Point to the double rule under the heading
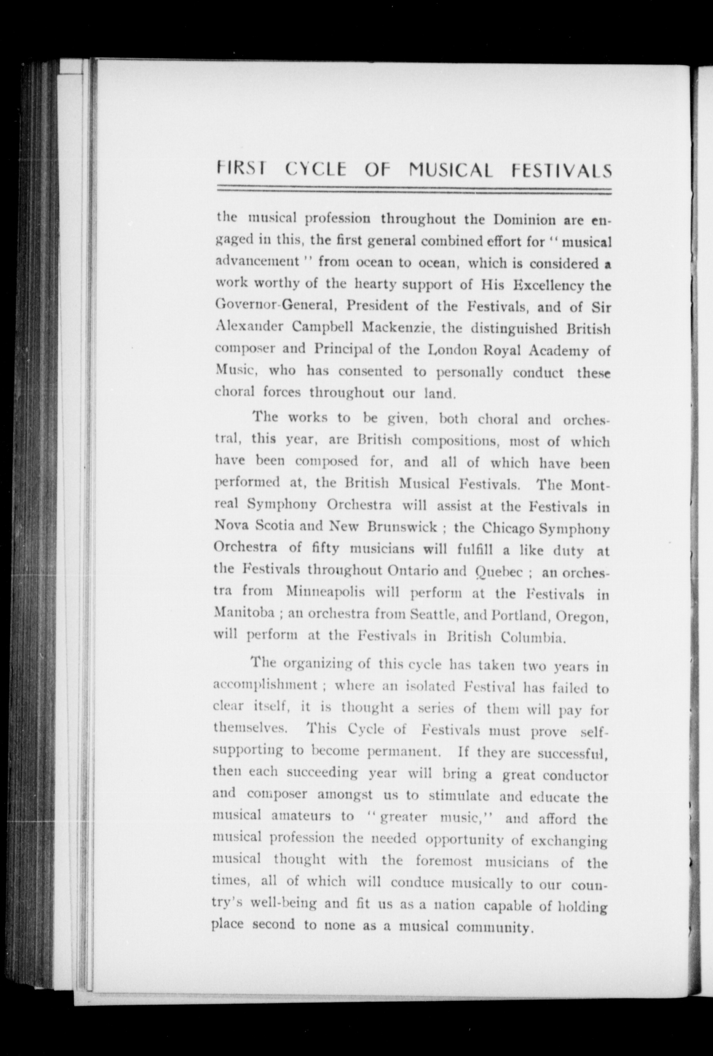pyautogui.click(x=413, y=190)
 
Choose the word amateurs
pyautogui.click(x=300, y=816)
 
